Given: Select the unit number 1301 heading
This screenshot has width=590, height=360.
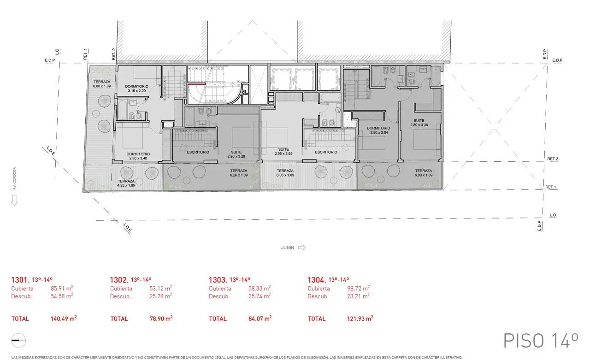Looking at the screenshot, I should click(x=20, y=280).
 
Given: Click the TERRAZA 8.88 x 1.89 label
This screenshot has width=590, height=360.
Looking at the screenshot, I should click(x=102, y=84).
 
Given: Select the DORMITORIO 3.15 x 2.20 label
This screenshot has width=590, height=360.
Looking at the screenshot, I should click(x=136, y=89).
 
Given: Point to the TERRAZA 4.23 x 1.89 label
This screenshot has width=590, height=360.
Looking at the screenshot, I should click(x=126, y=183).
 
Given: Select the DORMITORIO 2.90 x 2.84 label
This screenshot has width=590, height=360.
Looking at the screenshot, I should click(x=378, y=130).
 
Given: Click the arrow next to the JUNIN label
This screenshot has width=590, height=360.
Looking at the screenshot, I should click(x=302, y=248).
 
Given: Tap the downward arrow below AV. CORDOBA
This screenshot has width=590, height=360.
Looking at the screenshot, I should click(x=14, y=200).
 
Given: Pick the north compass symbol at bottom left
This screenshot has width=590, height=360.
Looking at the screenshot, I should click(x=19, y=339).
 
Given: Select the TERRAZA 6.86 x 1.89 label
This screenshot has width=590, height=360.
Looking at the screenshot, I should click(x=285, y=172).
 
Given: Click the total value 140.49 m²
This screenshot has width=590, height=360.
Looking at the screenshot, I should click(x=63, y=319).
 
